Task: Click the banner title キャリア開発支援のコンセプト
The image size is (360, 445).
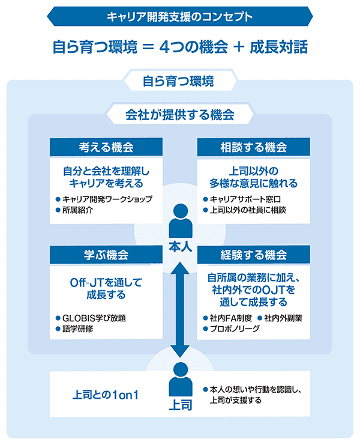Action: pyautogui.click(x=180, y=16)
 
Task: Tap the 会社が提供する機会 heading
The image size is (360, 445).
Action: pyautogui.click(x=179, y=113)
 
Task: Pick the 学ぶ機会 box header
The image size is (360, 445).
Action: pyautogui.click(x=106, y=255)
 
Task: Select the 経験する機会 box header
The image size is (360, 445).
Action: pyautogui.click(x=254, y=255)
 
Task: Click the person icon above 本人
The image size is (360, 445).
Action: pyautogui.click(x=180, y=220)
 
